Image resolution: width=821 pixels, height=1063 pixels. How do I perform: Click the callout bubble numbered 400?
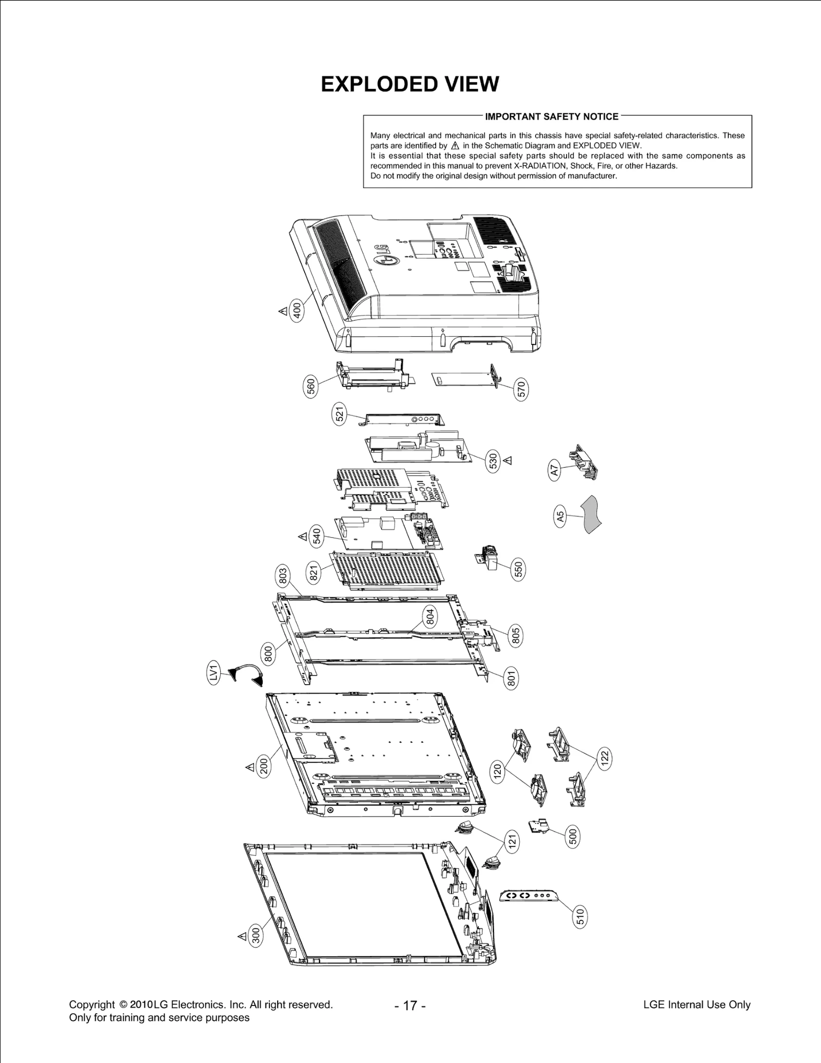(x=297, y=311)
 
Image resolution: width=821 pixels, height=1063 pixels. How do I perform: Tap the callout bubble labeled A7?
(x=554, y=470)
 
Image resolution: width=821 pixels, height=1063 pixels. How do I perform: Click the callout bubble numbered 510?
(x=579, y=916)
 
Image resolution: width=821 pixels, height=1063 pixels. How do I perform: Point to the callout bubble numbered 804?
(x=430, y=615)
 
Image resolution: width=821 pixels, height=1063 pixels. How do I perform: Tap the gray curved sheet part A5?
(x=591, y=514)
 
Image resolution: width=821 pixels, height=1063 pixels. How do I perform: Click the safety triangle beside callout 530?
(x=508, y=460)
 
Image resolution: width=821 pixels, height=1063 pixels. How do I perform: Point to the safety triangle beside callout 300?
(x=242, y=937)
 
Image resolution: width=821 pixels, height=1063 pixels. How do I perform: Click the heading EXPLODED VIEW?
(x=409, y=84)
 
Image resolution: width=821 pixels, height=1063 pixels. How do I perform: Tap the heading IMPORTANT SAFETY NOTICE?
(x=552, y=117)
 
